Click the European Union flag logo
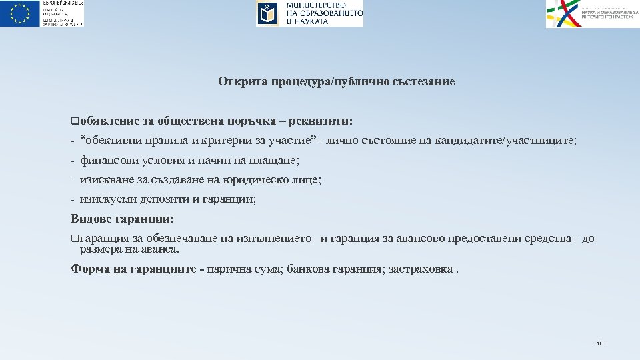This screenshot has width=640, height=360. [21, 13]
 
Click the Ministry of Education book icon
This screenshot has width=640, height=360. [268, 13]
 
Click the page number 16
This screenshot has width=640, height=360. [599, 343]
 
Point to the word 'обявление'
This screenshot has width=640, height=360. [108, 121]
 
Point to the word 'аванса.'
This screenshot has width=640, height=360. [158, 249]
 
